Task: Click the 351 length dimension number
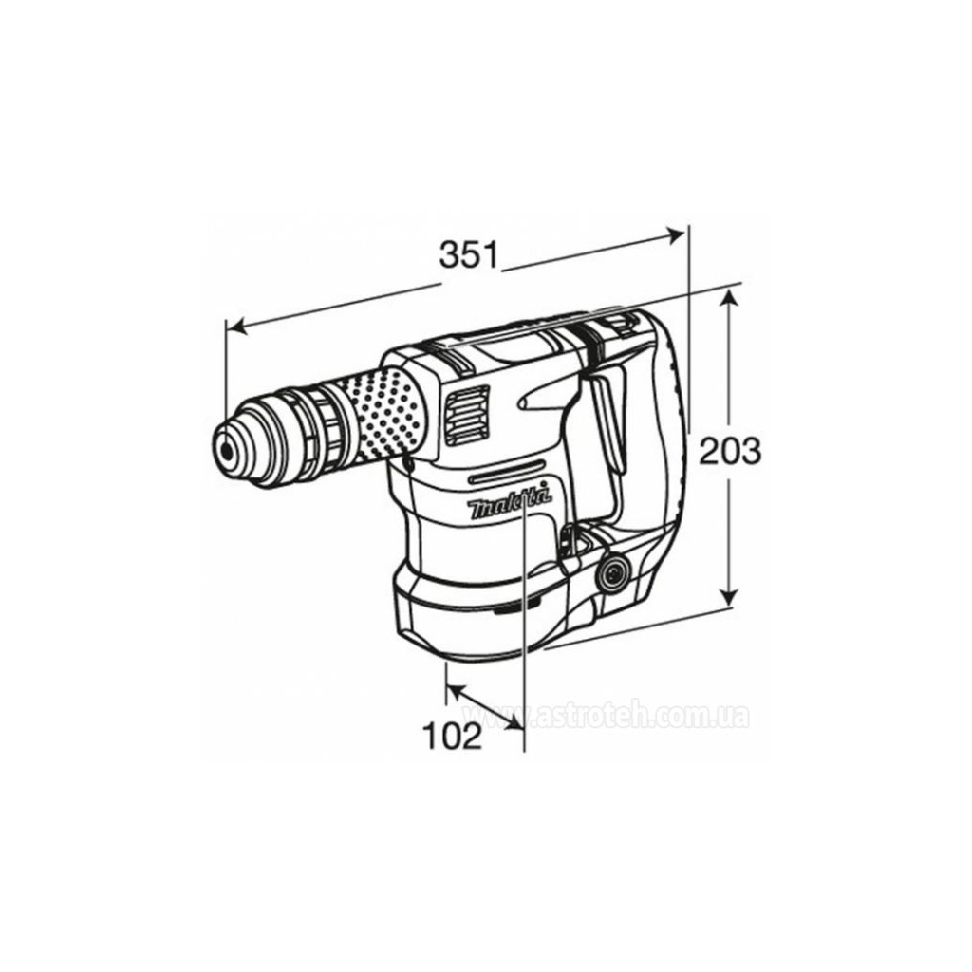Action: click(469, 254)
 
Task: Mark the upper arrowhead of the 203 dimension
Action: click(728, 296)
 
